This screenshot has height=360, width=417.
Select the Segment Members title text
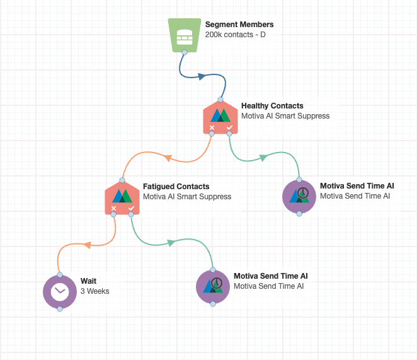[x=239, y=25]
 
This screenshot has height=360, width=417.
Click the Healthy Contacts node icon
[x=220, y=115]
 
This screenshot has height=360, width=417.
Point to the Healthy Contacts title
[x=272, y=106]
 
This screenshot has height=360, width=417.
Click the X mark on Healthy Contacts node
[x=212, y=128]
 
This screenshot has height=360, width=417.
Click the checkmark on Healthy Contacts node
[x=229, y=128]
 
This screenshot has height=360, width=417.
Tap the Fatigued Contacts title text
[x=176, y=187]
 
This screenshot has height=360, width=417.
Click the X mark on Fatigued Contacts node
[x=113, y=208]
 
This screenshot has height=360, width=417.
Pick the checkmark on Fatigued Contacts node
[x=131, y=208]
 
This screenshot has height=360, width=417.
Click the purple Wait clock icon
[x=59, y=291]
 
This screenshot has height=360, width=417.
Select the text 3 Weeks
[x=95, y=291]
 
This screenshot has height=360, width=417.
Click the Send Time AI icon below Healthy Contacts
[x=299, y=195]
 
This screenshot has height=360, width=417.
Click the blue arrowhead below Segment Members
[x=202, y=76]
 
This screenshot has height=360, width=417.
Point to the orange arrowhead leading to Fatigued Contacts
[x=168, y=158]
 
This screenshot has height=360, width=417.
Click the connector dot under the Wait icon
[x=59, y=309]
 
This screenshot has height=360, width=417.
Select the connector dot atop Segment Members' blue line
[x=184, y=53]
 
